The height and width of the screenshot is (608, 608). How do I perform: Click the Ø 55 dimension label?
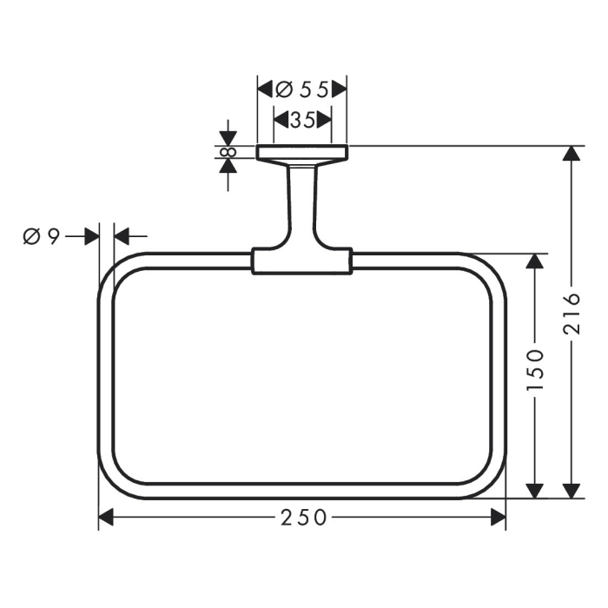pyautogui.click(x=303, y=89)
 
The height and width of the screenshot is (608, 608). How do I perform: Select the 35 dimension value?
pyautogui.click(x=302, y=121)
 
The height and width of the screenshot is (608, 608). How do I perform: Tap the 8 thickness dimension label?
pyautogui.click(x=228, y=152)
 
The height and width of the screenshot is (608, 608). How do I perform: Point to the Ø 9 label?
pyautogui.click(x=41, y=235)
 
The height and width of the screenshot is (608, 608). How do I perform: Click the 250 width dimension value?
pyautogui.click(x=303, y=518)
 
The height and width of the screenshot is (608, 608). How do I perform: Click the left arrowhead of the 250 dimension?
pyautogui.click(x=107, y=518)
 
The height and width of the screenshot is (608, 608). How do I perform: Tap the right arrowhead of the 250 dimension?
pyautogui.click(x=498, y=518)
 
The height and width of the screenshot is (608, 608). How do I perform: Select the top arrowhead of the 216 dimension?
pyautogui.click(x=571, y=154)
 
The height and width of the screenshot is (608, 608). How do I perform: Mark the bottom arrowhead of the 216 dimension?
pyautogui.click(x=571, y=490)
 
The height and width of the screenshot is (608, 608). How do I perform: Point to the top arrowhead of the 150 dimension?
pyautogui.click(x=536, y=263)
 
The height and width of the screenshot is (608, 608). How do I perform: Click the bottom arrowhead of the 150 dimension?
pyautogui.click(x=536, y=490)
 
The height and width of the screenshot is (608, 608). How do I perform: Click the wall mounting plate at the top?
pyautogui.click(x=302, y=153)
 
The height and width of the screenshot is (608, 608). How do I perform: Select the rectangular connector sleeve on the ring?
pyautogui.click(x=302, y=261)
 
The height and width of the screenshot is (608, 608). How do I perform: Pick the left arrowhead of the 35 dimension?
pyautogui.click(x=281, y=121)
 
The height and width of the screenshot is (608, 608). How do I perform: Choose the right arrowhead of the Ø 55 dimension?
pyautogui.click(x=340, y=89)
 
